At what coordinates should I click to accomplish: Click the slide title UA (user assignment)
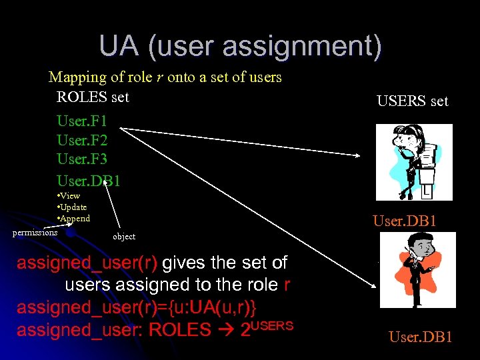(240, 47)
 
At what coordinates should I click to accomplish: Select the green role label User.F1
(82, 121)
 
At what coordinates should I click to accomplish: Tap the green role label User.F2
(82, 141)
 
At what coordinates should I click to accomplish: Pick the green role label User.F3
(82, 160)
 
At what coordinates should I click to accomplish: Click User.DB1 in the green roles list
(89, 180)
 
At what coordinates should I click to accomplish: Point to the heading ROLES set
(93, 97)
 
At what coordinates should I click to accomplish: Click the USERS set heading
(413, 101)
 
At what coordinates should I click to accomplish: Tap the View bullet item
(69, 196)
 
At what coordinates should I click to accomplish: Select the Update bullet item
(73, 207)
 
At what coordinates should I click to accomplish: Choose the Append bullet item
(74, 219)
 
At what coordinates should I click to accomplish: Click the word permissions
(35, 232)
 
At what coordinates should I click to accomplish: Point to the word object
(124, 237)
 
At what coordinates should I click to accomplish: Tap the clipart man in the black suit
(417, 270)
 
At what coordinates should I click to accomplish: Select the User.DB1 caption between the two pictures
(405, 220)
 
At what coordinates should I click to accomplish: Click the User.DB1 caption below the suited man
(421, 337)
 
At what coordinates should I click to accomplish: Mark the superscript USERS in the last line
(271, 325)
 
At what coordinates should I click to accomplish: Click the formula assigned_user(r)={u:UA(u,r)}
(136, 307)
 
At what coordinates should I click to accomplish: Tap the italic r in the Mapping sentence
(158, 77)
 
